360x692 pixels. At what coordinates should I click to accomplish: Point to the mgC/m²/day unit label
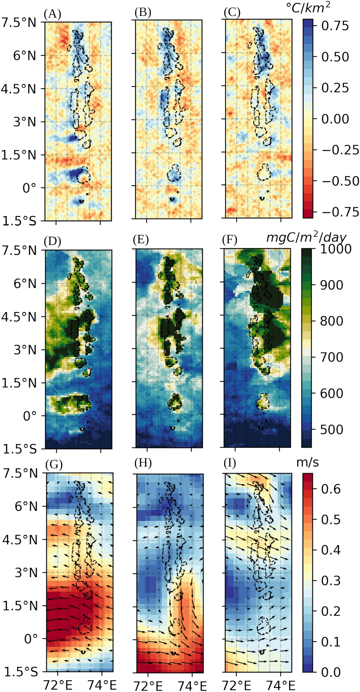point(306,237)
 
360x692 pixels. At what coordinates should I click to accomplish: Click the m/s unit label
point(307,462)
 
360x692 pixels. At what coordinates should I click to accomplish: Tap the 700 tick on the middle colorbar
point(331,357)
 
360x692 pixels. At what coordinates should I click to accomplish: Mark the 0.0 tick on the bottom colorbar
point(331,672)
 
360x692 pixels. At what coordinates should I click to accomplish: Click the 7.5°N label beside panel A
point(19,23)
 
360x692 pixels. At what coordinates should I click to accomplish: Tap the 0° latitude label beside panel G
point(30,639)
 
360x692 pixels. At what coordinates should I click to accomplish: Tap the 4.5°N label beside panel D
point(19,317)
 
